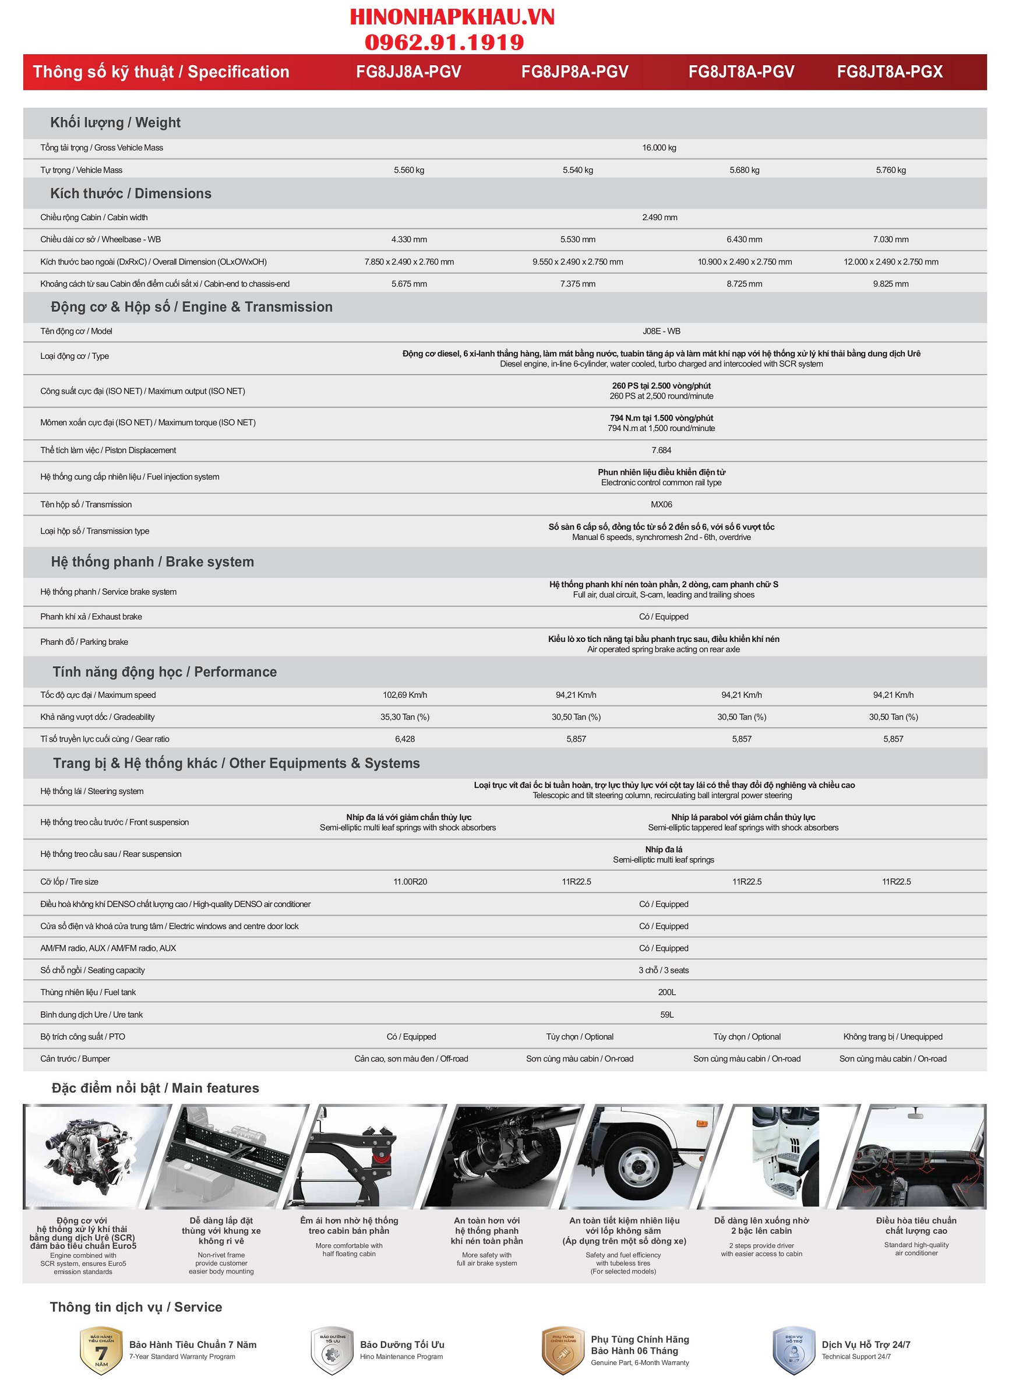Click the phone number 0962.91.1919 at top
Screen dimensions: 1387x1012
(444, 43)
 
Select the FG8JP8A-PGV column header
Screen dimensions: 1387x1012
(574, 72)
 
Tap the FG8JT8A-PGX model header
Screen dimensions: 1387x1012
(890, 72)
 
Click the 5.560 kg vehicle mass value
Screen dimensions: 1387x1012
(408, 170)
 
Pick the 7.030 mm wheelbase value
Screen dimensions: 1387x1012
(891, 239)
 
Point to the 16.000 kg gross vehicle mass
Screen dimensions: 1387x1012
(659, 147)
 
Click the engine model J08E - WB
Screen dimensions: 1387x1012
(661, 331)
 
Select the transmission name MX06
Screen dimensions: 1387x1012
(661, 504)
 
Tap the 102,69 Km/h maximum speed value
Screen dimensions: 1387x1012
(405, 695)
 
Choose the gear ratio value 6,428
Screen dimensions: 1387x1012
(405, 739)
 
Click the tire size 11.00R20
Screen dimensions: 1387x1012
(410, 882)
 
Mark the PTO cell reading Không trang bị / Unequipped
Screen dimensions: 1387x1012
(893, 1037)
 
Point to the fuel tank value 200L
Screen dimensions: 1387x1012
(667, 992)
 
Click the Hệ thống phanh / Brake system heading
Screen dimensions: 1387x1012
(153, 562)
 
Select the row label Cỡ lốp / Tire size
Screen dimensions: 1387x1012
(69, 882)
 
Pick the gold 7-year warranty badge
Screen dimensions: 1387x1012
(101, 1350)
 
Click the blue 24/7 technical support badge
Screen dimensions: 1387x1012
(794, 1350)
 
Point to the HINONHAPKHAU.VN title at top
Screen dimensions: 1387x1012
(452, 17)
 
